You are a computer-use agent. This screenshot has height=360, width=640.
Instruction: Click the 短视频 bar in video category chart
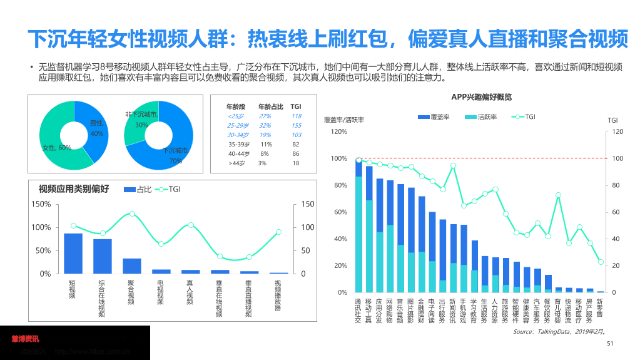[x=73, y=253]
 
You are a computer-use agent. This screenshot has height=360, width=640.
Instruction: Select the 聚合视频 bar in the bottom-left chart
[x=132, y=265]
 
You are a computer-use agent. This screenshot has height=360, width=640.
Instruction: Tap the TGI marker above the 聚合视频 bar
[x=132, y=213]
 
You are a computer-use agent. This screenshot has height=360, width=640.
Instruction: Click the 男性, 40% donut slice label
[x=96, y=128]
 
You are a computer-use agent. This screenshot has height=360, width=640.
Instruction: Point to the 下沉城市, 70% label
[x=176, y=155]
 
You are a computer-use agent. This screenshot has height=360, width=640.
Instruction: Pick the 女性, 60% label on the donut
[x=57, y=148]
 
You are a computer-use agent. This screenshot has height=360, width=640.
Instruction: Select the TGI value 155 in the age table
[x=296, y=125]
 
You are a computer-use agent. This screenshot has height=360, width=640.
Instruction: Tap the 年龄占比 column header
[x=270, y=106]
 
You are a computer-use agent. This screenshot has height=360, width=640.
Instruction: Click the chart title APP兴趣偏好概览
[x=481, y=97]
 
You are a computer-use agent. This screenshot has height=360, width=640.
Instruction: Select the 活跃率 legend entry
[x=481, y=116]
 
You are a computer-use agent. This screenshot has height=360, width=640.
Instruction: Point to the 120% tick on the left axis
[x=338, y=131]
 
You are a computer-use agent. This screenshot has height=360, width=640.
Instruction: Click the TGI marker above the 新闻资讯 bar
[x=453, y=165]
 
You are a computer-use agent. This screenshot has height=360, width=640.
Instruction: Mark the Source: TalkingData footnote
[x=559, y=331]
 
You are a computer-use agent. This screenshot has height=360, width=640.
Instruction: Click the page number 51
[x=611, y=343]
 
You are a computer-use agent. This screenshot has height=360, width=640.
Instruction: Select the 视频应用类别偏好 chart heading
[x=74, y=188]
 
